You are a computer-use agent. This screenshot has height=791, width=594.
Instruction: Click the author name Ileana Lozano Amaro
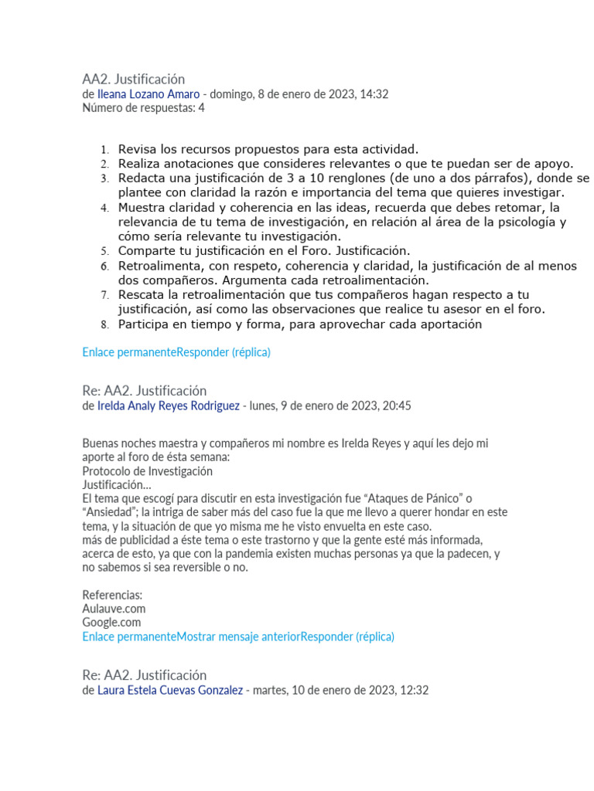(148, 94)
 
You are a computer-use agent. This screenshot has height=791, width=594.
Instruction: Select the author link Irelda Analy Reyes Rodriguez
(168, 406)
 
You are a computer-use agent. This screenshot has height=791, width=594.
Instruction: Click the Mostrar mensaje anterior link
(238, 636)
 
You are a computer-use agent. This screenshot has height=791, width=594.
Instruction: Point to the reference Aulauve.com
(114, 608)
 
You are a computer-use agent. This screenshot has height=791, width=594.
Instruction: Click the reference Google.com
(111, 622)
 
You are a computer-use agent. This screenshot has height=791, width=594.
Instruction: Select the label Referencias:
(112, 595)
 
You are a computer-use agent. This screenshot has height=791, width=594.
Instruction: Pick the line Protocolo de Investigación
(147, 470)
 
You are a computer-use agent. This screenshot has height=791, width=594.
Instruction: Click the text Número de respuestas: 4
(143, 108)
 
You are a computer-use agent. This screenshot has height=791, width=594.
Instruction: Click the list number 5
(104, 252)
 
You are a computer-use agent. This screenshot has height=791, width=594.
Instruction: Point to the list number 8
(104, 325)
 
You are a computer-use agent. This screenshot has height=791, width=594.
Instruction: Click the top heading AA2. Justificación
(133, 79)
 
